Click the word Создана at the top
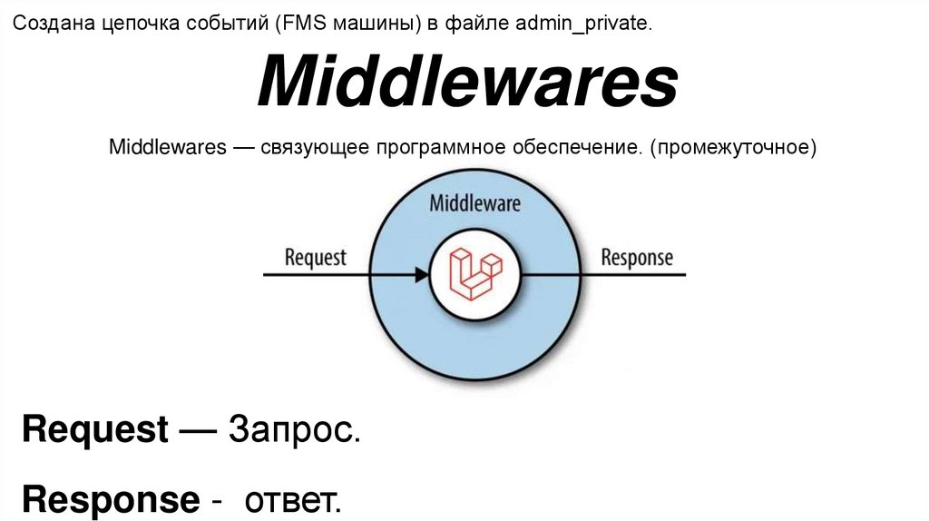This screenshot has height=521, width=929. [x=46, y=25]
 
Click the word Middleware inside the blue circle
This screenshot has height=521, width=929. [x=474, y=202]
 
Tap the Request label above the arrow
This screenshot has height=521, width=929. [x=316, y=257]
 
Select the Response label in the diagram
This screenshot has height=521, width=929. [x=637, y=257]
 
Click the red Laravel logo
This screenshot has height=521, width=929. [x=475, y=273]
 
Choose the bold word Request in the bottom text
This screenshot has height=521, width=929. [x=95, y=429]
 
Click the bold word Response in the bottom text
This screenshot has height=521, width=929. [x=111, y=499]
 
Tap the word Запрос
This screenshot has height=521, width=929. [x=295, y=429]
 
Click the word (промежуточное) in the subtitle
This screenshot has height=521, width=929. [x=732, y=146]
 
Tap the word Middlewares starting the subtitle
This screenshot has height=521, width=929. [x=167, y=146]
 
